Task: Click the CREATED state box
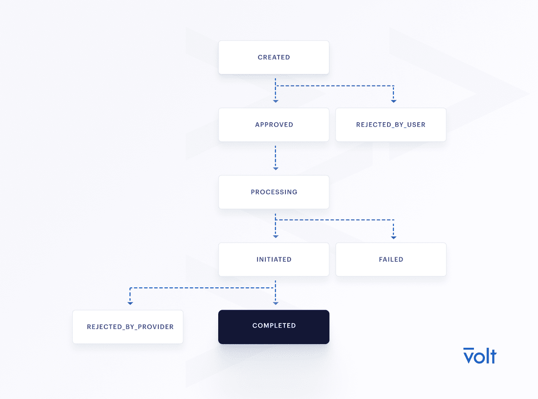(274, 57)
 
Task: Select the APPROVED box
(274, 124)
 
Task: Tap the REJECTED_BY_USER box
(391, 124)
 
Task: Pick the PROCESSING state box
(274, 192)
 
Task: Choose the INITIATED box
(274, 259)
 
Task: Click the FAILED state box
(391, 259)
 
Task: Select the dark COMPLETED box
(274, 327)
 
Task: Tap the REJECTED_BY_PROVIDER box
(128, 327)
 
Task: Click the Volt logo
(479, 356)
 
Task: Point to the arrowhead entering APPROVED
(275, 101)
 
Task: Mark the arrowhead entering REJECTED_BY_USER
(393, 101)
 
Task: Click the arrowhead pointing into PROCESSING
(275, 168)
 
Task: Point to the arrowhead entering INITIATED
(275, 237)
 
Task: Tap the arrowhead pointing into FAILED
(393, 237)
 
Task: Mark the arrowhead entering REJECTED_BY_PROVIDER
(130, 303)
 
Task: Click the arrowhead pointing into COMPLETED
(275, 303)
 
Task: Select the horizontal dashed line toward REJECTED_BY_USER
(334, 86)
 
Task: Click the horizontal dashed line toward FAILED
(334, 220)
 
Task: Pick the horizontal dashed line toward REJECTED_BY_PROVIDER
(203, 288)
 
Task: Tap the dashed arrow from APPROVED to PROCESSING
(275, 158)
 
